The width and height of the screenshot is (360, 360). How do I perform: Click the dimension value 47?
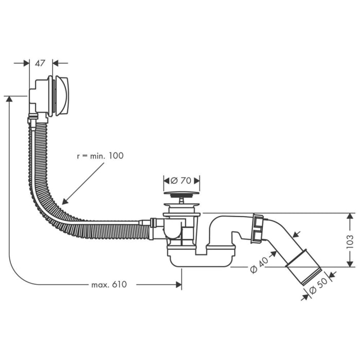[x=40, y=63]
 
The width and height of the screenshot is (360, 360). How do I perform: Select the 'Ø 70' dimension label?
[x=181, y=181]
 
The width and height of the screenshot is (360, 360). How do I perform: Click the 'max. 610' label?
[x=109, y=284]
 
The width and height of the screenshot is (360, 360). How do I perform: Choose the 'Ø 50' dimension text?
[x=319, y=290]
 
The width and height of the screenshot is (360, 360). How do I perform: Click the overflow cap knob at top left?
[x=62, y=96]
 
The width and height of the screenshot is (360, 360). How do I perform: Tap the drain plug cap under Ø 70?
[x=181, y=194]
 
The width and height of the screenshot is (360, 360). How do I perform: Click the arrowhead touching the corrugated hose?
[x=64, y=202]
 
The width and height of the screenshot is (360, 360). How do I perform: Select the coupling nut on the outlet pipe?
[x=257, y=229]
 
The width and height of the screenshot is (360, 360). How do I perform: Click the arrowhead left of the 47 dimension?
[x=26, y=63]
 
